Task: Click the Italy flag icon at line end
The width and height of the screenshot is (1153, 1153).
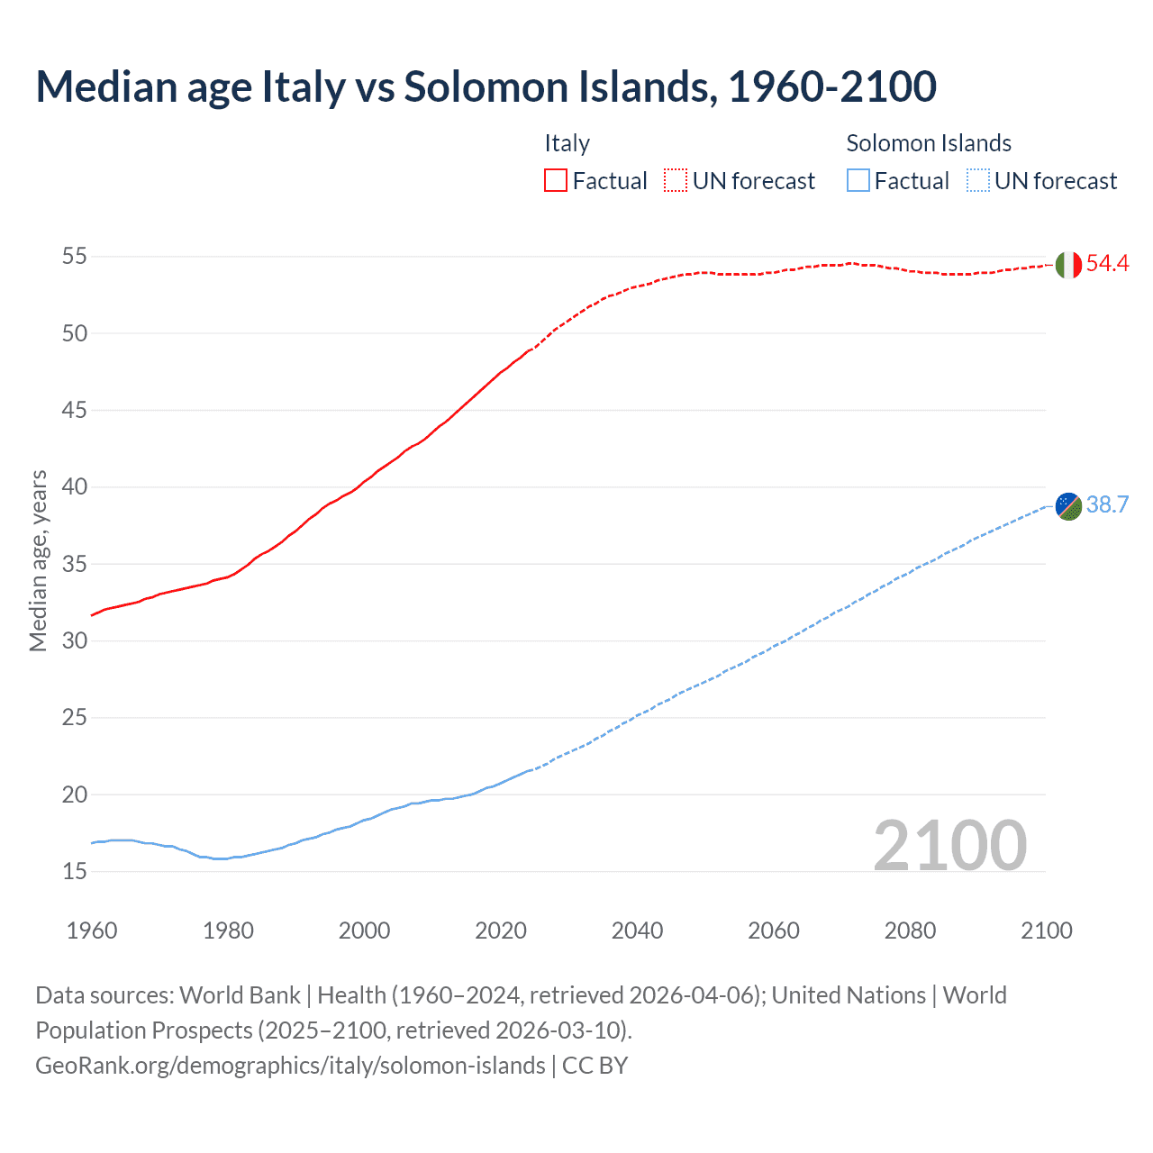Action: coord(1068,265)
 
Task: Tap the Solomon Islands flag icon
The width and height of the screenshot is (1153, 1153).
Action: coord(1068,506)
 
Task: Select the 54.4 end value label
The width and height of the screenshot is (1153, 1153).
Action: coord(1107,263)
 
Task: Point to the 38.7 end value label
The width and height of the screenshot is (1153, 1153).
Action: coord(1107,504)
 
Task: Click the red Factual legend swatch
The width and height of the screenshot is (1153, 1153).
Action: coord(556,180)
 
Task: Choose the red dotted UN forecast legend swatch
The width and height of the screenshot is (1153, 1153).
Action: coord(676,180)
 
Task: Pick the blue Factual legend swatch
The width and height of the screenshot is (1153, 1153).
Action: coord(858,180)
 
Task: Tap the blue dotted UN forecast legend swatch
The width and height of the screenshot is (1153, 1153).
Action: coord(978,180)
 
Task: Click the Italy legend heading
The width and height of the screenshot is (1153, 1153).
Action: coord(567,143)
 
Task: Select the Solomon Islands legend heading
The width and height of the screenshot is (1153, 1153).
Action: coord(929,143)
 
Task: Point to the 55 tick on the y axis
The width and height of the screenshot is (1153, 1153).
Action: coord(75,256)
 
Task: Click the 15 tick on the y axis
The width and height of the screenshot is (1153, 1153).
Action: coord(75,871)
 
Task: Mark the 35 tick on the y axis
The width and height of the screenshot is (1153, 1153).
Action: coord(75,564)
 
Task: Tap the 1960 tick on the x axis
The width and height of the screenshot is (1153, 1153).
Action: coord(92,931)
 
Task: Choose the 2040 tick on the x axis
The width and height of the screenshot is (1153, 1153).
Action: coord(637,931)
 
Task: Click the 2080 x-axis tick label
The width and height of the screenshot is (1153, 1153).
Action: coord(910,931)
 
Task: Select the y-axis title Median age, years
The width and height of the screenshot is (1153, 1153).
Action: coord(38,560)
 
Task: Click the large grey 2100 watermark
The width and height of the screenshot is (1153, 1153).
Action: coord(950,845)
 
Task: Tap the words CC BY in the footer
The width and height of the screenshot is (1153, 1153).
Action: coord(595,1066)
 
